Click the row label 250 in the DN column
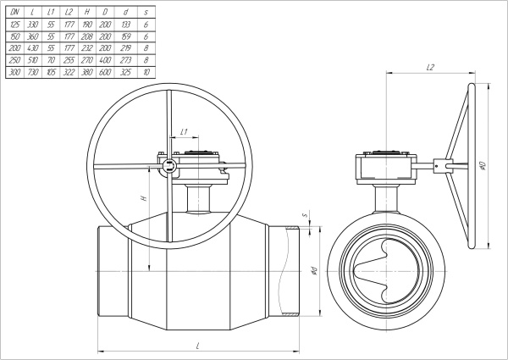point(14,61)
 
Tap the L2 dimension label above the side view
point(430,67)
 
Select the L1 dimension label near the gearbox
point(184,132)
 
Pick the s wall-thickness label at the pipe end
point(314,224)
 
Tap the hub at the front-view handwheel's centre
point(169,166)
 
